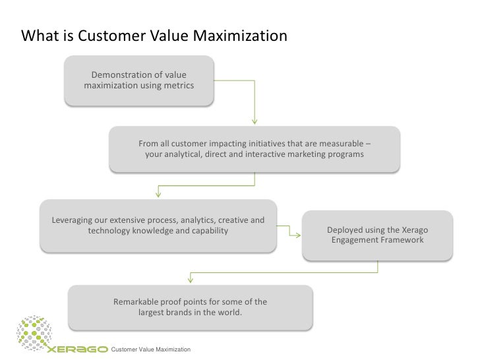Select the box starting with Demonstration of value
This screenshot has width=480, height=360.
(139, 81)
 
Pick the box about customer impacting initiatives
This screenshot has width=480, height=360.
(254, 149)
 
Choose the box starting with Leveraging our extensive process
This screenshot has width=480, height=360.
(158, 225)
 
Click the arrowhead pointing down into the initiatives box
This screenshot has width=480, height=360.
(254, 121)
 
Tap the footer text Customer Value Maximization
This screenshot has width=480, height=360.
(152, 348)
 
